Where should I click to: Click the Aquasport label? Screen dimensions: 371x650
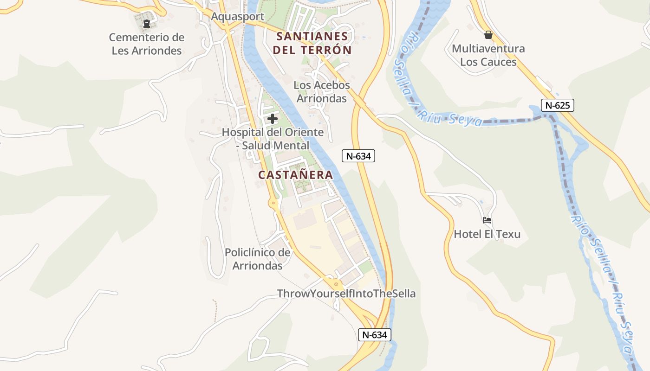[x=237, y=17]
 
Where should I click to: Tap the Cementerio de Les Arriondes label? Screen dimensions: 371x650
[x=147, y=44]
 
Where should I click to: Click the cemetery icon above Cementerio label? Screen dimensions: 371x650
[x=147, y=23]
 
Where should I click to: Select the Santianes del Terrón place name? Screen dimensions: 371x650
[x=312, y=43]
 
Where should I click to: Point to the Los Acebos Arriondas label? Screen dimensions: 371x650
[x=322, y=92]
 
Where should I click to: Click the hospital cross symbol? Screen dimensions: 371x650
[x=273, y=119]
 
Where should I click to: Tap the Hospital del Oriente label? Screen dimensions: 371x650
[x=273, y=139]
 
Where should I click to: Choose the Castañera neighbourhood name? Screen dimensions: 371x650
[x=296, y=175]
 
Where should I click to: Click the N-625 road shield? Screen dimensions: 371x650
[x=558, y=105]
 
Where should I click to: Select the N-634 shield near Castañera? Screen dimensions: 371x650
[x=358, y=156]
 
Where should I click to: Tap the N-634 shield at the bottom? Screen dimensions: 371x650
[x=375, y=334]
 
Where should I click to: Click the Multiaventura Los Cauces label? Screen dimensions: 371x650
[x=488, y=55]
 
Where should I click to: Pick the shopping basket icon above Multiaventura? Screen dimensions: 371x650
[x=488, y=35]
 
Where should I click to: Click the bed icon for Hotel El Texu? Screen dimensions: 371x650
[x=487, y=220]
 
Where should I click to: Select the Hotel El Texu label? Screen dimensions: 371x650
[x=487, y=234]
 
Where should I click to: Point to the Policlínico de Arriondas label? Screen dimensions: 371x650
[x=258, y=259]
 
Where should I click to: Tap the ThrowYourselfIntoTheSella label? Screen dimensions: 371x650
[x=346, y=294]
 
